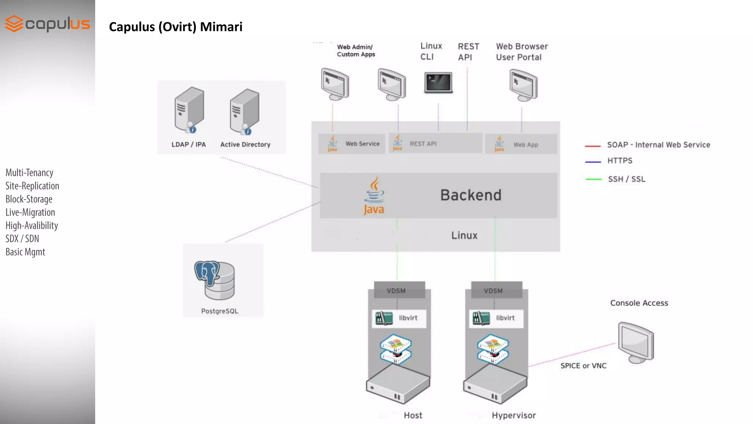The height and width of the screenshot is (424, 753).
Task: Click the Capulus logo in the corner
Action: pos(47,24)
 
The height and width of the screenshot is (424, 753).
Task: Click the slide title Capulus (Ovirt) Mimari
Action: pos(176,27)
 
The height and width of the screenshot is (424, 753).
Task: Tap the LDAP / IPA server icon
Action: pos(189,110)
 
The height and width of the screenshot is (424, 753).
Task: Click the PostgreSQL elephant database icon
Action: pos(215,280)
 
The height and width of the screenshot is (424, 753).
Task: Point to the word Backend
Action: pos(471,195)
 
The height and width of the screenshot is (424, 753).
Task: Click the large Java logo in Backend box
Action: pos(374,195)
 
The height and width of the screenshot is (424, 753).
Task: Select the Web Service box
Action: pos(352,144)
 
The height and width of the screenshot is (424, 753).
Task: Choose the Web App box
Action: pos(521,144)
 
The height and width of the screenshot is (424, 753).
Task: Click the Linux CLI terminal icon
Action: pos(438,83)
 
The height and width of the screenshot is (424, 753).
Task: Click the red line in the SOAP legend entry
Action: pos(593,146)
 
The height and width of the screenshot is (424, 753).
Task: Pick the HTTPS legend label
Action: pos(620,161)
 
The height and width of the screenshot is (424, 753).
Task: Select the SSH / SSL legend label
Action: pos(627,179)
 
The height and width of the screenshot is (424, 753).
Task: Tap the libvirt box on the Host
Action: pos(399,318)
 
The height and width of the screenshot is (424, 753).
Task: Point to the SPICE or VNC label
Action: pos(583,366)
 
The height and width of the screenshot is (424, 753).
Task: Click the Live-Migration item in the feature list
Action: pos(30,212)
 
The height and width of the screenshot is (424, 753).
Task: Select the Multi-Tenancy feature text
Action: pos(29,173)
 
